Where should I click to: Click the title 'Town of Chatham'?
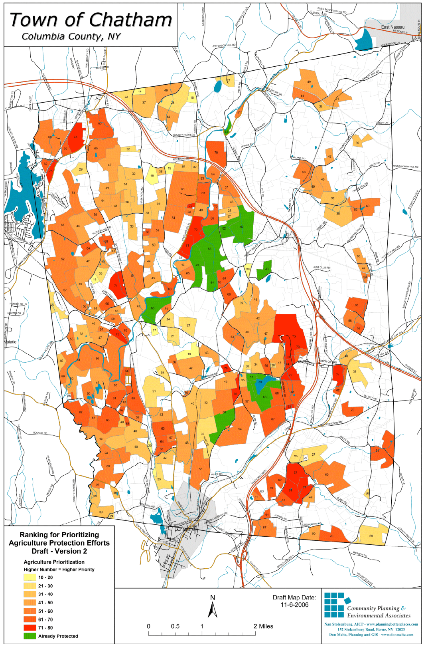coord(91,20)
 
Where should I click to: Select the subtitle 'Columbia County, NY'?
coord(71,36)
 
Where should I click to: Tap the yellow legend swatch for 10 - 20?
coord(30,577)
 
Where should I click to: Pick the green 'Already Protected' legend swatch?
coord(30,636)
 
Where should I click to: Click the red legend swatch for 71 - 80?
coord(30,627)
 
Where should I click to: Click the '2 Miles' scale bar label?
coord(263,626)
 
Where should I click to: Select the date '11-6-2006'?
coord(294,605)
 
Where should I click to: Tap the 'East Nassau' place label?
coord(392,27)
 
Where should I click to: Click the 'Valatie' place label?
coord(11,342)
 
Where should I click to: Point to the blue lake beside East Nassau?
coord(364,40)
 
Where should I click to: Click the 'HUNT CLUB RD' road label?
coord(321,268)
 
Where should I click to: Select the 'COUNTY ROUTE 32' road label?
coord(184,135)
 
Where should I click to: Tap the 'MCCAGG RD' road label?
coord(40,433)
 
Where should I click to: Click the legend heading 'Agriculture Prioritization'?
coord(54,562)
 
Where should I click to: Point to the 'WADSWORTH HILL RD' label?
coord(406,167)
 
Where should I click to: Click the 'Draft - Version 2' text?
coord(59,551)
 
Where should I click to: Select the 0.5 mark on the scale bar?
coord(175,626)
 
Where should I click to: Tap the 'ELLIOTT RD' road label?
coord(370,397)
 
